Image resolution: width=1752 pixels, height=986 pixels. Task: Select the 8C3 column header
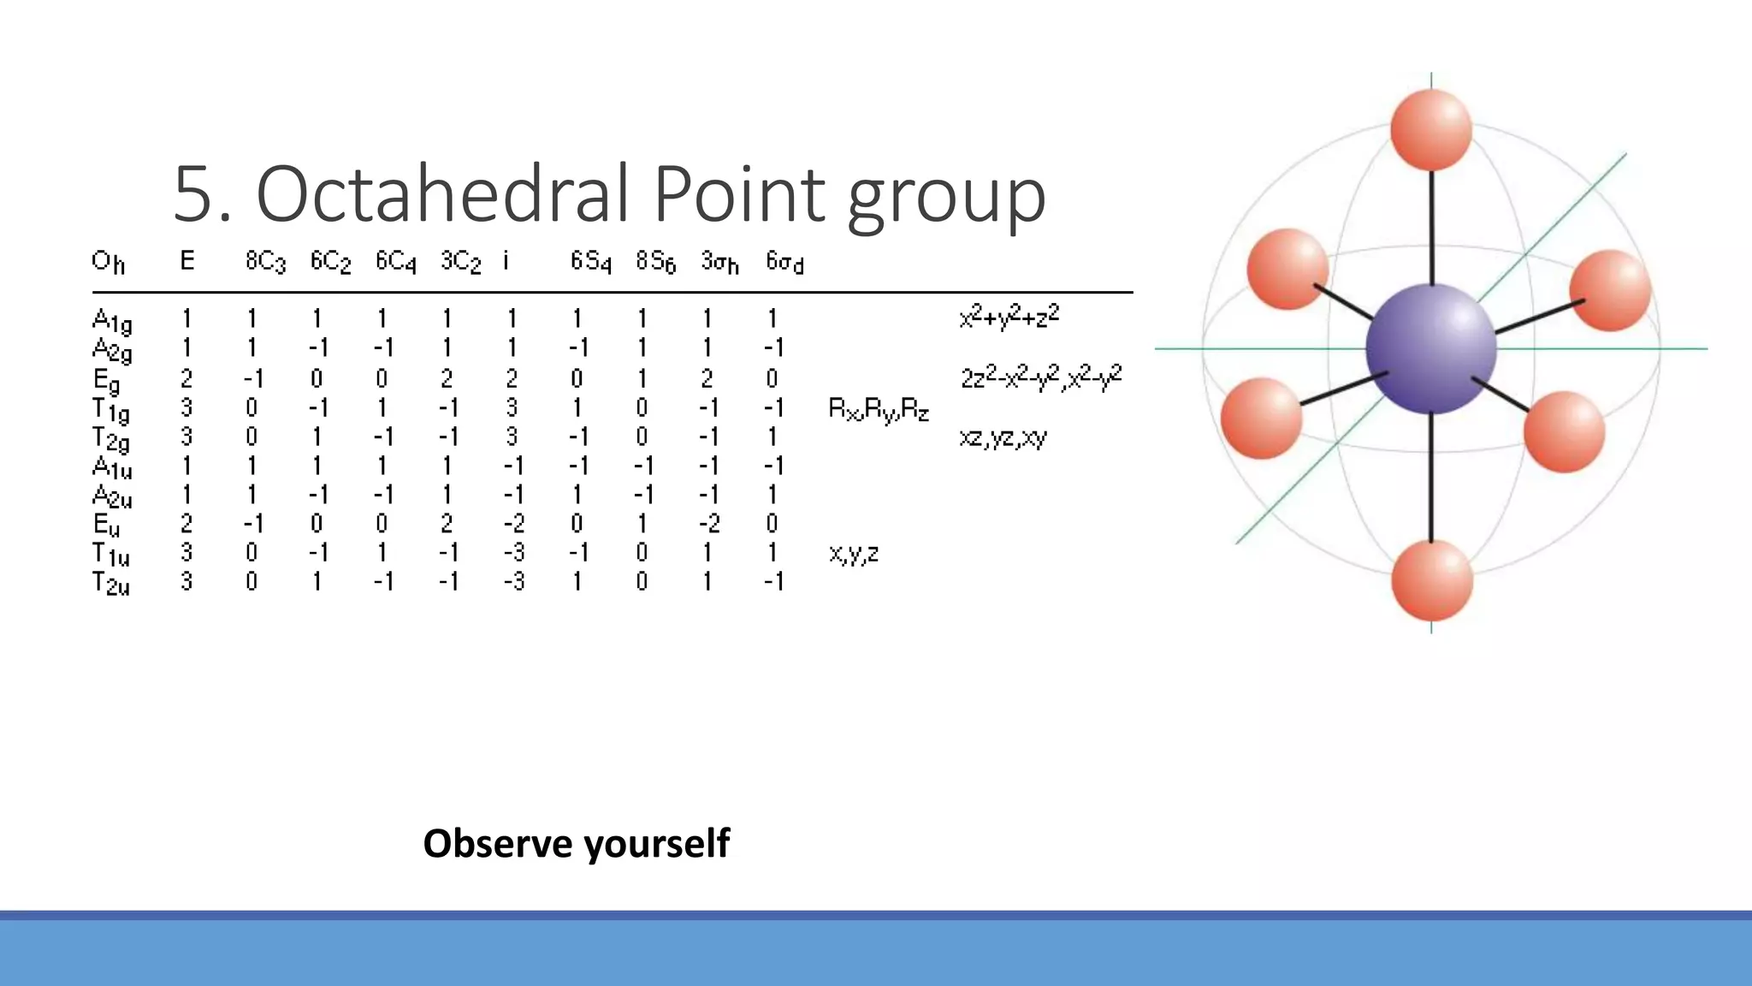(265, 261)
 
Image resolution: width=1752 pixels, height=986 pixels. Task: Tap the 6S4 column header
(590, 261)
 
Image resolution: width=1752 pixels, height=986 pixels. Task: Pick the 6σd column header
(784, 261)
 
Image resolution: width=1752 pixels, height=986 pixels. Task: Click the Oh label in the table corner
(108, 261)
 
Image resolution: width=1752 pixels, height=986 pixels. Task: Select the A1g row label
(111, 321)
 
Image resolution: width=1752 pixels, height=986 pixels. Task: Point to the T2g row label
(110, 439)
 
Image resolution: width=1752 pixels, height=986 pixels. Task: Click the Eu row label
(106, 524)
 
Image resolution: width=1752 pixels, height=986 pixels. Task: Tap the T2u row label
(110, 584)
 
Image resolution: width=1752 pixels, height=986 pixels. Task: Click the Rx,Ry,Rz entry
(879, 410)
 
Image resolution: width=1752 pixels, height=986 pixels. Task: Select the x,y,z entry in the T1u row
(854, 554)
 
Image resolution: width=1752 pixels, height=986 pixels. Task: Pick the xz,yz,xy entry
(1003, 438)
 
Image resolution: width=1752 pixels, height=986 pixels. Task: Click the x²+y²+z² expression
(1009, 318)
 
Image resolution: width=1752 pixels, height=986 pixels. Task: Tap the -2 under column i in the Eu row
(513, 524)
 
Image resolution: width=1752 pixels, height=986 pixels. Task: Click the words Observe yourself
(577, 843)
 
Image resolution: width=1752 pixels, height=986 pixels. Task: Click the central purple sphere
(1430, 348)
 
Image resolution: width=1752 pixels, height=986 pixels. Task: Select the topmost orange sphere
(1430, 128)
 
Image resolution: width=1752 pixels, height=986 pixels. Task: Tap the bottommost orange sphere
(1431, 579)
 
